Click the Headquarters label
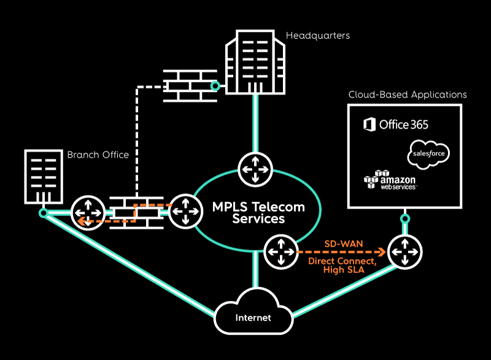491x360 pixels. (x=318, y=36)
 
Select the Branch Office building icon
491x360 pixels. (x=43, y=175)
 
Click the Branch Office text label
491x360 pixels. (x=98, y=155)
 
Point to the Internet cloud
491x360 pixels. (x=253, y=316)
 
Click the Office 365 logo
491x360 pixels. (x=396, y=124)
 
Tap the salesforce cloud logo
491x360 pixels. (x=428, y=153)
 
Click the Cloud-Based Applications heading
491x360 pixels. (x=408, y=95)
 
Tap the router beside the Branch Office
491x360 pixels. (x=87, y=213)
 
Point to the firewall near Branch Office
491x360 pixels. (x=133, y=213)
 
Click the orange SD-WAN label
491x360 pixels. (x=344, y=243)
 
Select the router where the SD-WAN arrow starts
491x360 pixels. (x=280, y=251)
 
